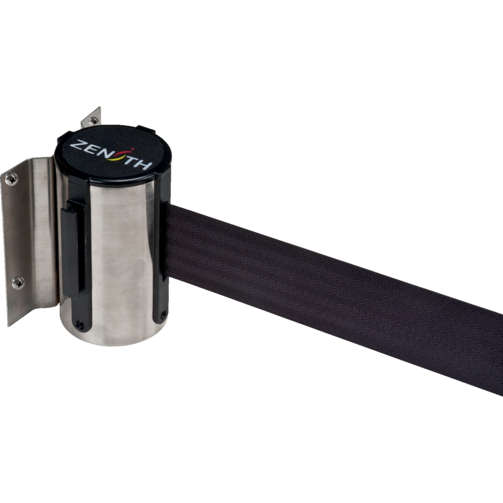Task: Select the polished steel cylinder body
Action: [118, 260]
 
